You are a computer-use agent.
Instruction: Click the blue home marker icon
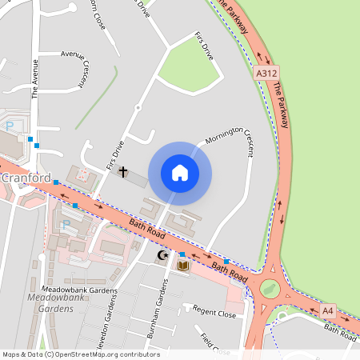[180, 173]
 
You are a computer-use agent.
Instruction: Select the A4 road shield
[327, 310]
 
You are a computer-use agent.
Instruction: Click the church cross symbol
[123, 171]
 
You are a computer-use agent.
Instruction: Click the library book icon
[182, 265]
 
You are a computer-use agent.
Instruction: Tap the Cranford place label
[26, 178]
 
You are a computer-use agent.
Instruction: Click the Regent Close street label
[214, 313]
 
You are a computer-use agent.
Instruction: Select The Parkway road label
[280, 105]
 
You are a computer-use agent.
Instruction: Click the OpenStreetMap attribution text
[80, 354]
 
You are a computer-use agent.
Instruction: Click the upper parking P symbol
[10, 126]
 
